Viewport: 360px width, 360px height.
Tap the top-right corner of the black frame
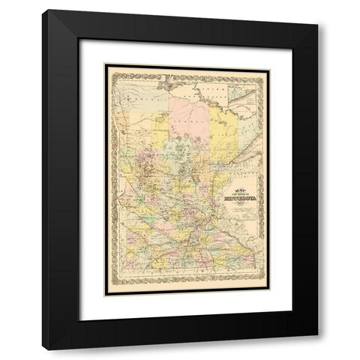(x=318, y=10)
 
